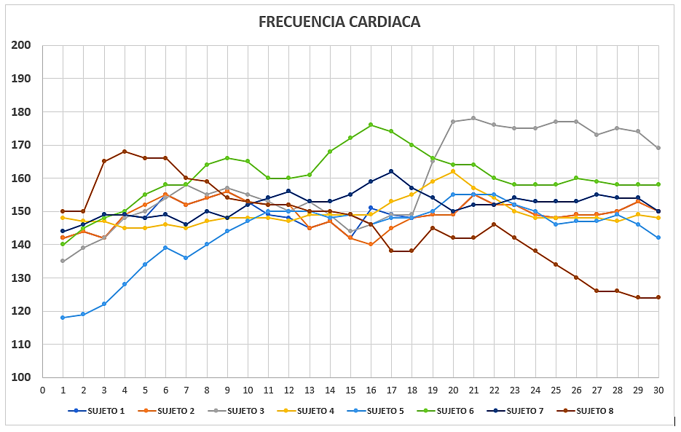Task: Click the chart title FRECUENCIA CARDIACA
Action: (339, 22)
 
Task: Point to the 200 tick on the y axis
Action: (21, 45)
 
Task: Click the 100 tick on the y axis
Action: (21, 377)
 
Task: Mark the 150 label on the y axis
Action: (21, 211)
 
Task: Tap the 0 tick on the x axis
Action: (42, 390)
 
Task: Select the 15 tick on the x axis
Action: (350, 390)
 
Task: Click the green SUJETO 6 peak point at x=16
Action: (371, 125)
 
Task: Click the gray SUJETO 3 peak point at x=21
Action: (473, 118)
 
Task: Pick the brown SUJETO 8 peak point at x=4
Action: (125, 152)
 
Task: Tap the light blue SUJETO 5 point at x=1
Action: (63, 318)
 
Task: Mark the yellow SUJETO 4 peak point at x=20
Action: (453, 171)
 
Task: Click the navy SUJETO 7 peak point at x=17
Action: (391, 171)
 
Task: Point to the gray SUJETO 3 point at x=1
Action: (63, 261)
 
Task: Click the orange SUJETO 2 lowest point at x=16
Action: (371, 244)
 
